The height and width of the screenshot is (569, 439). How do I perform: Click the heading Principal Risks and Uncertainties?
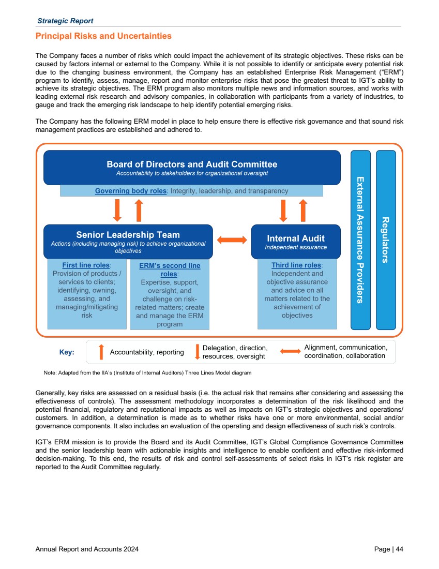(103, 36)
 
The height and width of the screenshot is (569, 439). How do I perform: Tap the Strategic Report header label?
(65, 21)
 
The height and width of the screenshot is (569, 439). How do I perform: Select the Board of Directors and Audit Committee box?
(192, 167)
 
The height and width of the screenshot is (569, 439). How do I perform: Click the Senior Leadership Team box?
(128, 242)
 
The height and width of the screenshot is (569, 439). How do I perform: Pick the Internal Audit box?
(296, 242)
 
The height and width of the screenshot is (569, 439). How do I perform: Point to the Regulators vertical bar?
(386, 239)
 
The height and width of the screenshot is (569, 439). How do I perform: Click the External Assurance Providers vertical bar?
(360, 239)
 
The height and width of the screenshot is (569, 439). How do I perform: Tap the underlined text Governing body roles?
(130, 191)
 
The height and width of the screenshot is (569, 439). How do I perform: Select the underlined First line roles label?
(86, 265)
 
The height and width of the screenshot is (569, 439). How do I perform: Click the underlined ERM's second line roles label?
(170, 269)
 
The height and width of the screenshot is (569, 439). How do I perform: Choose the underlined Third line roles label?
(296, 265)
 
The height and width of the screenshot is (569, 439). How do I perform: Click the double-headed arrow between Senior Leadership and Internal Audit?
(232, 240)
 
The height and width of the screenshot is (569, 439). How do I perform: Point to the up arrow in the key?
(101, 352)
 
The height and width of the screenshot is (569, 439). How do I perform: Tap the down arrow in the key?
(197, 352)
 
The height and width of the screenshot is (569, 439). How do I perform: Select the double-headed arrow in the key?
(290, 352)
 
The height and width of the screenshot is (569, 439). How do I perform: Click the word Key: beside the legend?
(67, 352)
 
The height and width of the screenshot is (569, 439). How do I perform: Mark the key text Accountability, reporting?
(147, 352)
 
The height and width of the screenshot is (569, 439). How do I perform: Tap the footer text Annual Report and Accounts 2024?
(87, 549)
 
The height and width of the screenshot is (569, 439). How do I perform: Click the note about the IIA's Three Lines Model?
(147, 372)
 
